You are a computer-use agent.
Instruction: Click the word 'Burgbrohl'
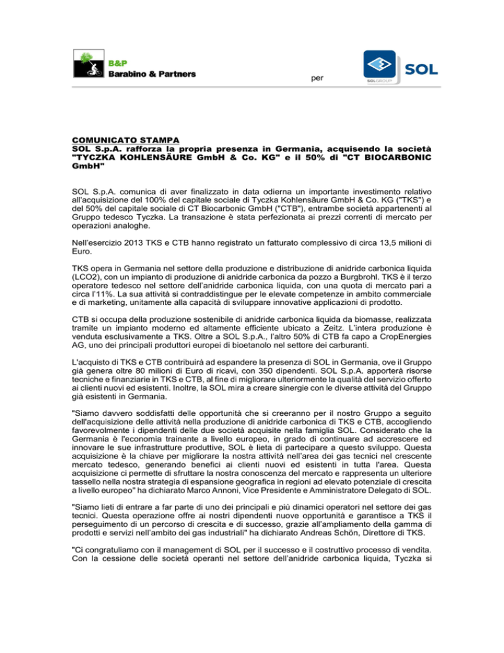click(371, 258)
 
